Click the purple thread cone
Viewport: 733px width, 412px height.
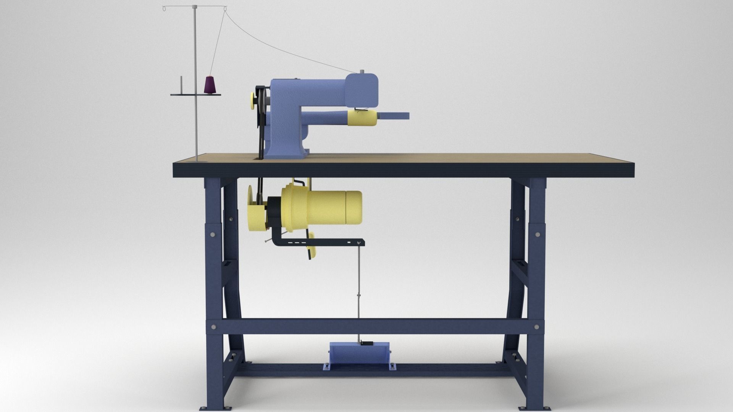pos(210,85)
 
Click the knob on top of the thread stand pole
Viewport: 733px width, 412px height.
pos(195,6)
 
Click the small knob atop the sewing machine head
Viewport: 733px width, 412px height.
pos(361,71)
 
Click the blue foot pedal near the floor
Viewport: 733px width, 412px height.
pos(358,354)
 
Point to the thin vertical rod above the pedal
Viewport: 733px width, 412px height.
pos(358,290)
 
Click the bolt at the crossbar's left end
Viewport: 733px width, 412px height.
pos(213,327)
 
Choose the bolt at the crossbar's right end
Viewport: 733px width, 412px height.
pos(538,327)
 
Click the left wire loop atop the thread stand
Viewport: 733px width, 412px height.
pos(165,8)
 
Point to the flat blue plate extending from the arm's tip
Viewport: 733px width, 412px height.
pos(393,115)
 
